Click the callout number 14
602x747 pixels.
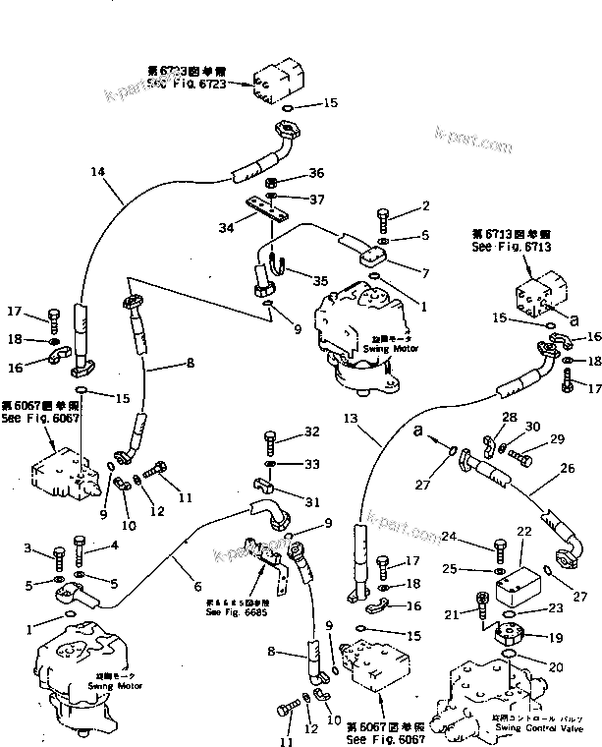[97, 172]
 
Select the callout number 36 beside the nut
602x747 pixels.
[315, 174]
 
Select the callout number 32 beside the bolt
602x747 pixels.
[311, 431]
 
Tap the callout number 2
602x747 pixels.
[426, 205]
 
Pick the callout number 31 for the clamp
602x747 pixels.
[311, 501]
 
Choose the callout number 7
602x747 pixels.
[426, 270]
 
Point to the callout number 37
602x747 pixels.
[315, 200]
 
